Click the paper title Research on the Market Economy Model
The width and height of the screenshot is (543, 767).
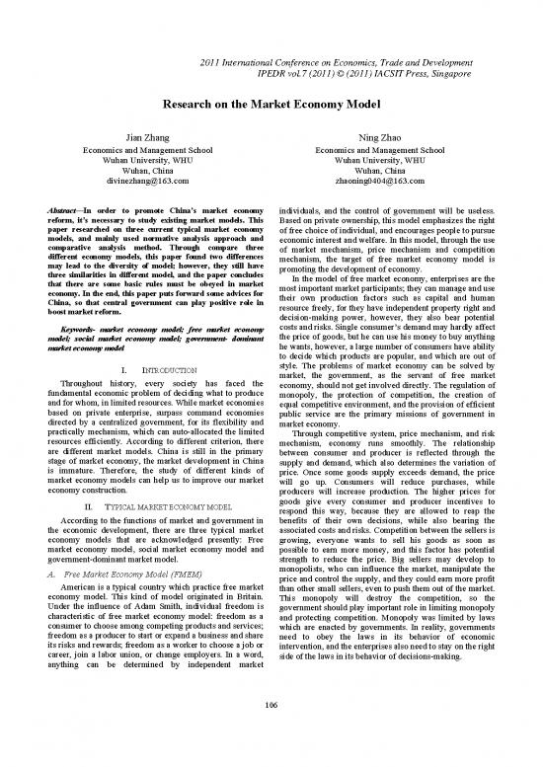pos(271,102)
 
